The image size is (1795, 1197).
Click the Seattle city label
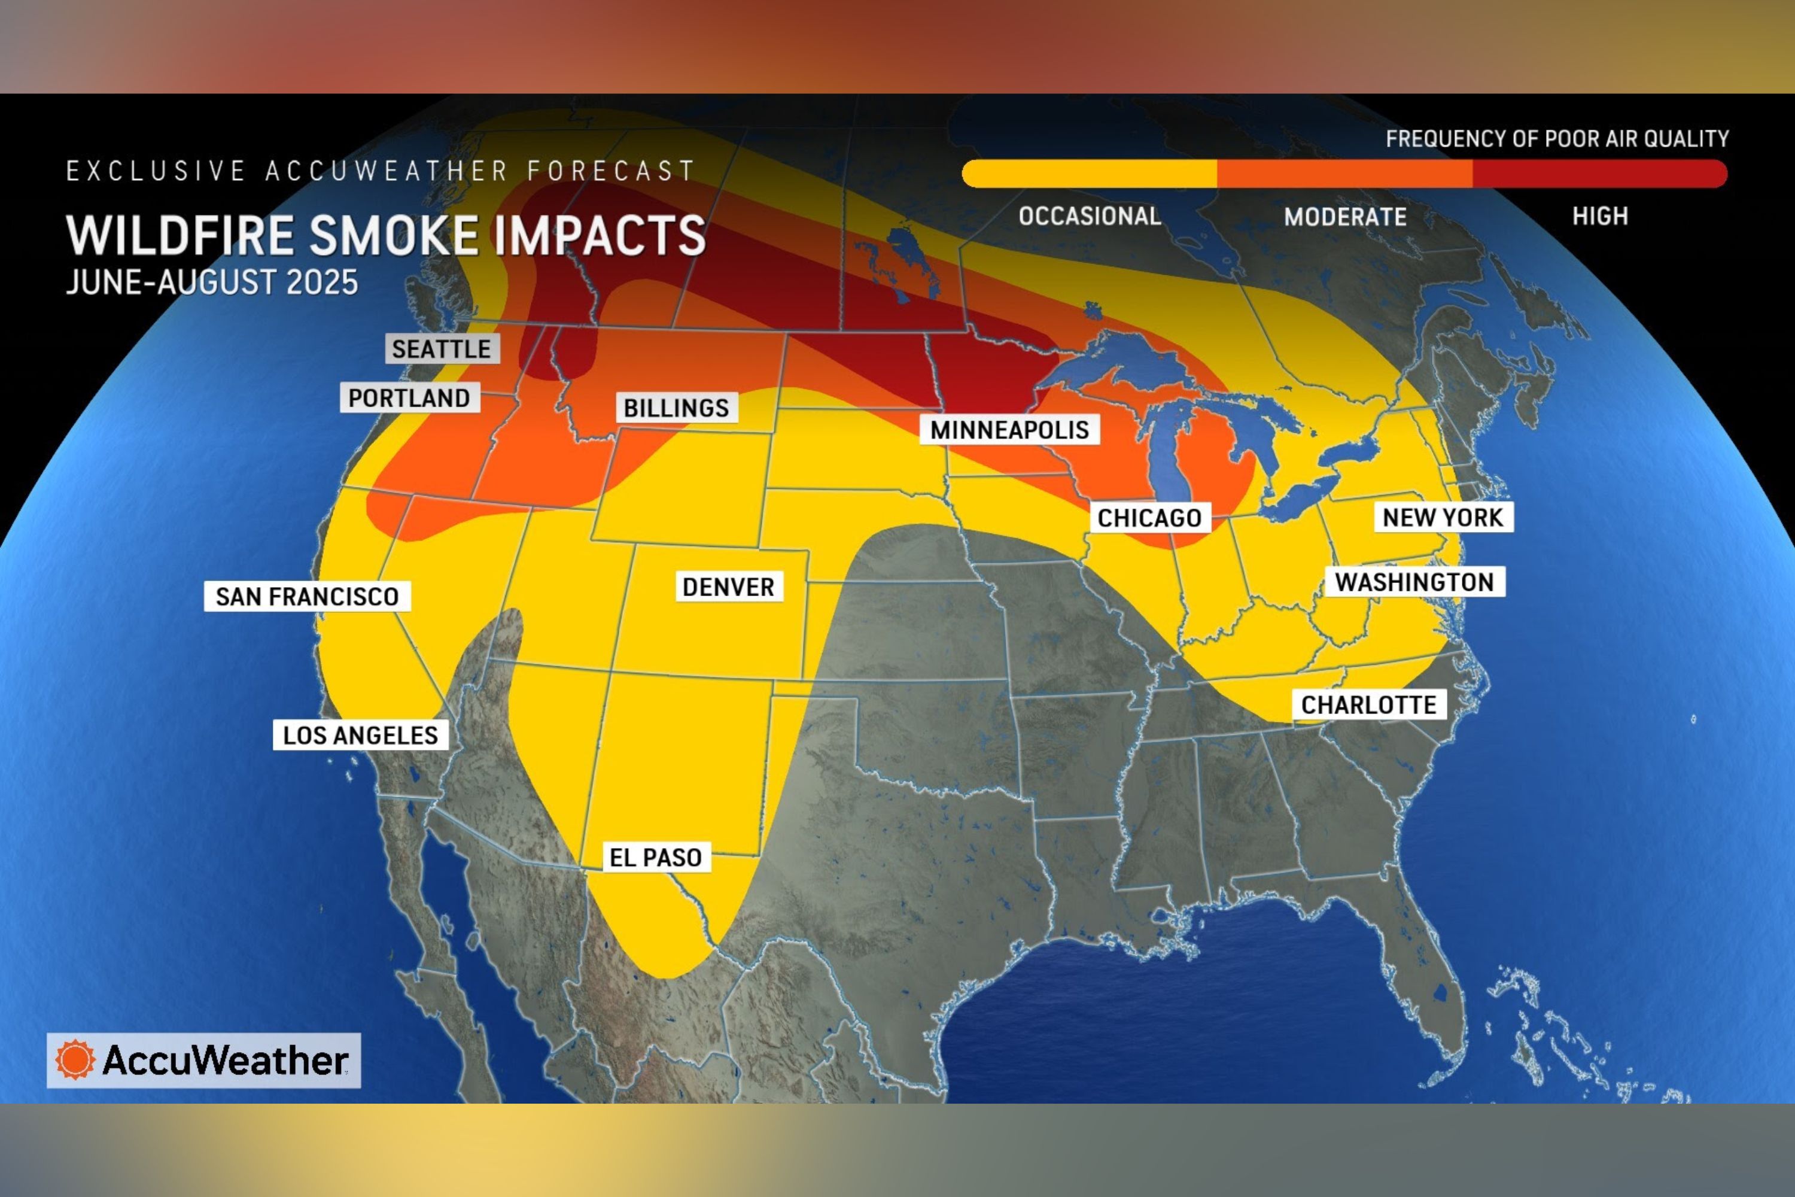tap(441, 349)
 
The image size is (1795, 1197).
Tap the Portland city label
tap(409, 398)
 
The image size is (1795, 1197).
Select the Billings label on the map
tap(676, 408)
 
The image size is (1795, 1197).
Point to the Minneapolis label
tap(1009, 430)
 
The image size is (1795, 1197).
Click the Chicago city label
tap(1149, 518)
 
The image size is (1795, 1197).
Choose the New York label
tap(1443, 518)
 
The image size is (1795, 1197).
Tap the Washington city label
tap(1414, 582)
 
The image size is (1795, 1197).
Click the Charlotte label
tap(1368, 704)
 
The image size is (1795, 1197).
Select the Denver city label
tap(728, 587)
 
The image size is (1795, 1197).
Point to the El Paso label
tap(656, 857)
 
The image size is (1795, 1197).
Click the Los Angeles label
tap(360, 735)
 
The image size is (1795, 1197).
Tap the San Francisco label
tap(307, 596)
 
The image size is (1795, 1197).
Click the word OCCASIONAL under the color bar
tap(1090, 216)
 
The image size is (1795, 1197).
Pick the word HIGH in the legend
tap(1599, 216)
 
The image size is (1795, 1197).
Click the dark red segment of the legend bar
tap(1599, 174)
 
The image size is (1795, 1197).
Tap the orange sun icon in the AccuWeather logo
tap(75, 1059)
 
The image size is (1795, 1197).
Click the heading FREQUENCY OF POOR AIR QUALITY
tap(1557, 139)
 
